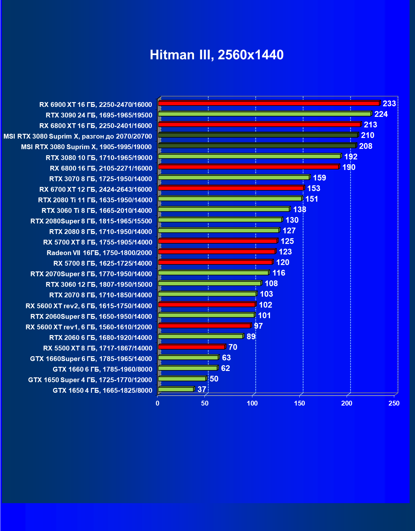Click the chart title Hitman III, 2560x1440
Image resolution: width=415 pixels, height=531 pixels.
[217, 55]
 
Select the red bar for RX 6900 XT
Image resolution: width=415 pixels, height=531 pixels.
[268, 103]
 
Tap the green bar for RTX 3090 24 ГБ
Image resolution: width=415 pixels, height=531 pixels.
[265, 114]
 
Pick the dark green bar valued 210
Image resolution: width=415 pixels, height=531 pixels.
[258, 135]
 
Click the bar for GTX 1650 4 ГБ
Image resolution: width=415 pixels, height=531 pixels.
[176, 389]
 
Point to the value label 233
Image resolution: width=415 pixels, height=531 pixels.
[389, 104]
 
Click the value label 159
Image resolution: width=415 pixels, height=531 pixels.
[319, 178]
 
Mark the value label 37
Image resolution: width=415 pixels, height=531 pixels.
[202, 390]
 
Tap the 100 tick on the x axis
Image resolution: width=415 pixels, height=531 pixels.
[252, 404]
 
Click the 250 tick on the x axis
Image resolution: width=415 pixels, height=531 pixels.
[394, 404]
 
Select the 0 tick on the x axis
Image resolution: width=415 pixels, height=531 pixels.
[158, 404]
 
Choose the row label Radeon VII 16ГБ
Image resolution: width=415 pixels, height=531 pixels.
[99, 253]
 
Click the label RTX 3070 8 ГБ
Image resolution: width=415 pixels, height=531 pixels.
[101, 179]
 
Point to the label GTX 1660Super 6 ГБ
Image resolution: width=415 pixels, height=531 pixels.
[91, 359]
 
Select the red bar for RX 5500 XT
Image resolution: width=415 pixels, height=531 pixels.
[192, 347]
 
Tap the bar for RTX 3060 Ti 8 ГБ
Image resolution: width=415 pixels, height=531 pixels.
[224, 209]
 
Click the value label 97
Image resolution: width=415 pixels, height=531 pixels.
[258, 326]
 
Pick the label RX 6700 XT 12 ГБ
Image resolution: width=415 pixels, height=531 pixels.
[96, 189]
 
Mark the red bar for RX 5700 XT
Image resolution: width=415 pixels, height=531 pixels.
[218, 241]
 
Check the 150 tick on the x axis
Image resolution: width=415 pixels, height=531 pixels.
[299, 404]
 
